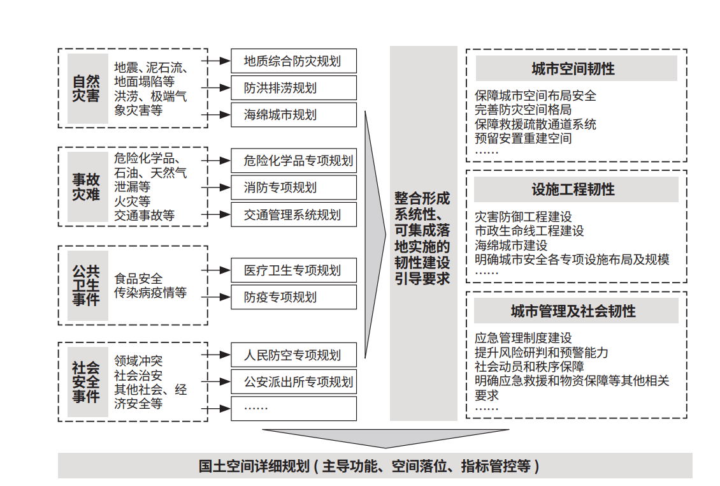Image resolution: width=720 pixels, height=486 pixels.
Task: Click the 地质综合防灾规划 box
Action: [294, 61]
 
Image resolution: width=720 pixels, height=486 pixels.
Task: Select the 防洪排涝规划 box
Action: [294, 88]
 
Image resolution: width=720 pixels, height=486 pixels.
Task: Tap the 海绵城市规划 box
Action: [294, 115]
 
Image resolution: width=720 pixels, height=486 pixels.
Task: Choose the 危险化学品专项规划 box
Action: [294, 161]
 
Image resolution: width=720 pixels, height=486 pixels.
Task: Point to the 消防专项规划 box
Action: [294, 188]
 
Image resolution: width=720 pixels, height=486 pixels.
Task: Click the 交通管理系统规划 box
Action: [294, 215]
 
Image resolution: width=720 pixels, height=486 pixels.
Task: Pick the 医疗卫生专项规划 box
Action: [294, 270]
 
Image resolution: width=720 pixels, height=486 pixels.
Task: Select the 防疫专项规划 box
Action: [294, 297]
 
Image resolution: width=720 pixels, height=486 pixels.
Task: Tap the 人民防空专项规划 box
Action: [294, 355]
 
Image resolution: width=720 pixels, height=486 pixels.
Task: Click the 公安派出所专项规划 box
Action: [294, 381]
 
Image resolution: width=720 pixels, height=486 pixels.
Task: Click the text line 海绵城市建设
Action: [511, 246]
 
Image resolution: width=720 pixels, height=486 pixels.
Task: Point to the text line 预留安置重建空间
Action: [524, 138]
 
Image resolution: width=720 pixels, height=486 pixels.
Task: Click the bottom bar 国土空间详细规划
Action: [375, 466]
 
